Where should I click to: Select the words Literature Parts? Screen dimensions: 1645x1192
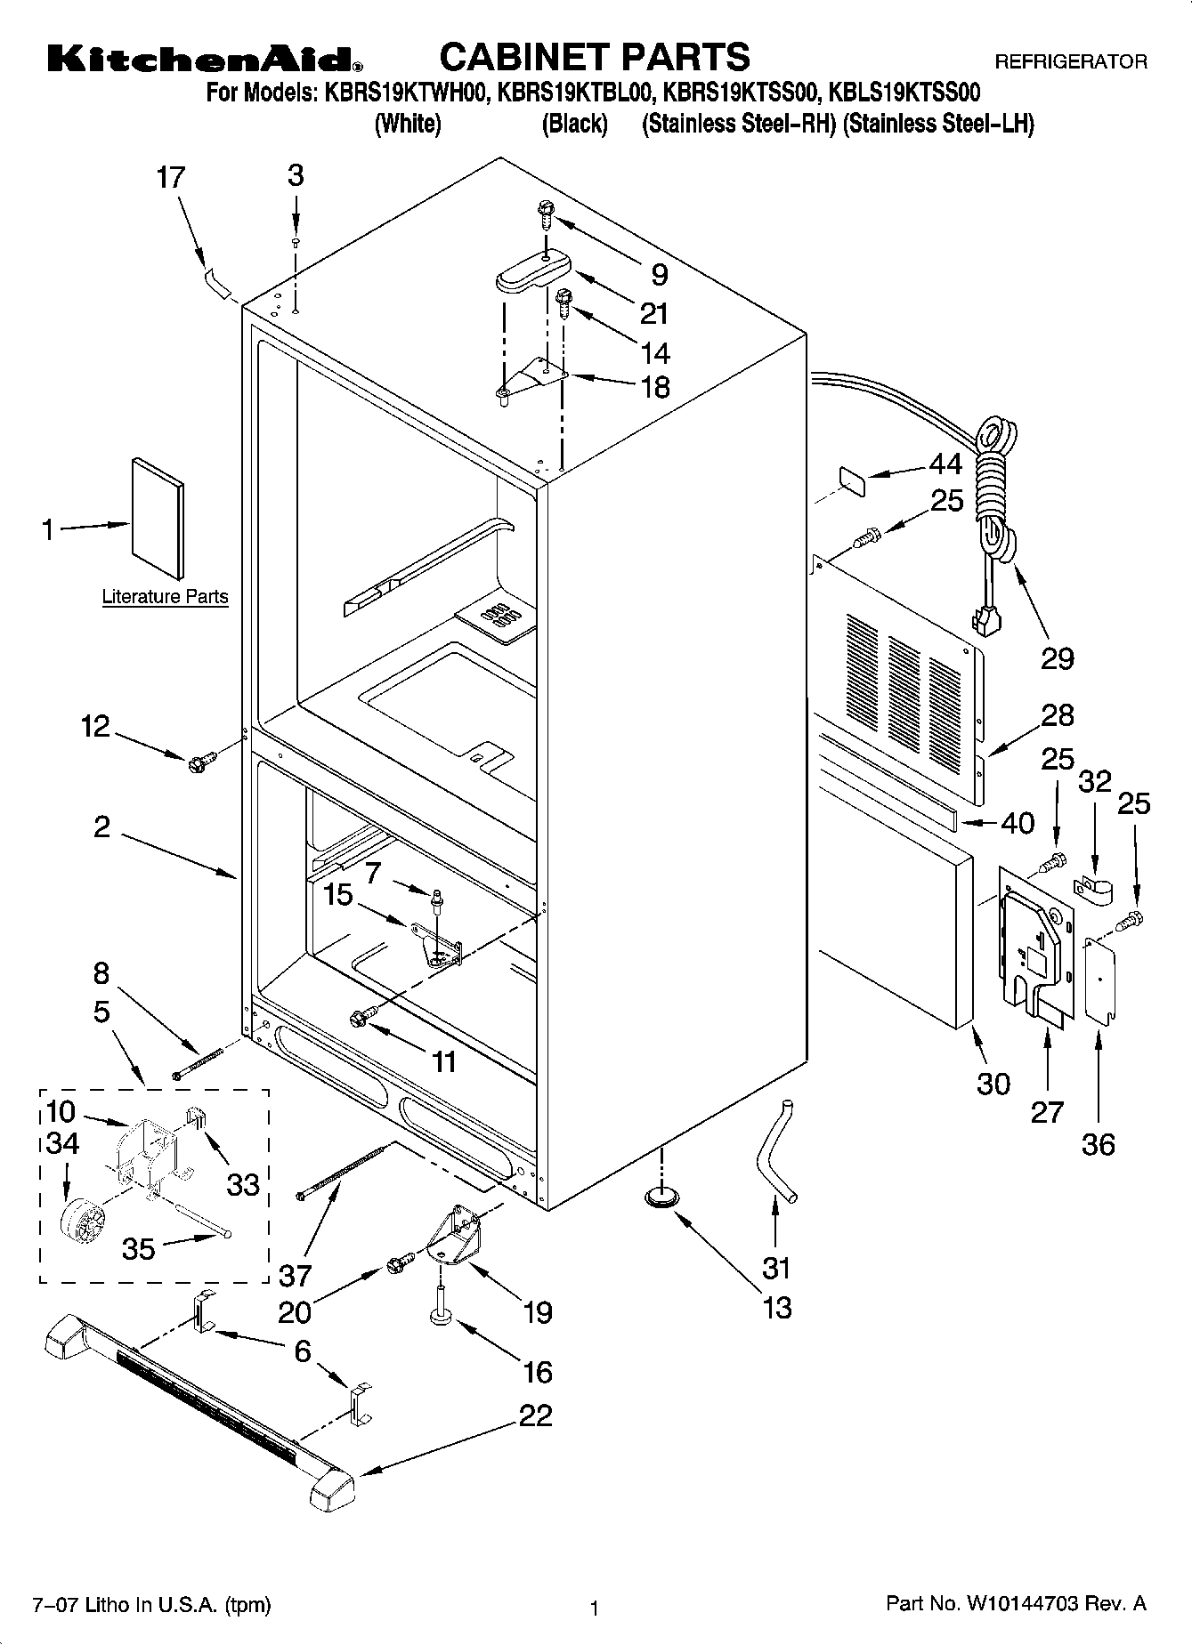[165, 597]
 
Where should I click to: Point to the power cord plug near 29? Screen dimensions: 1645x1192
[982, 619]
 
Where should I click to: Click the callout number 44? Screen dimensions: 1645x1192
[945, 464]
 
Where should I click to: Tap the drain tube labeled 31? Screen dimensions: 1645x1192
[775, 1153]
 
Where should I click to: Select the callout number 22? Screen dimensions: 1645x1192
[535, 1415]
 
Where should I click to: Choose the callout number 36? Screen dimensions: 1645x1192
[1098, 1144]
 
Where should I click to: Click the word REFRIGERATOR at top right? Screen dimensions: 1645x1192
[1070, 62]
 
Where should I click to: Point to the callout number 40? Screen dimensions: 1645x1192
[1018, 823]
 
